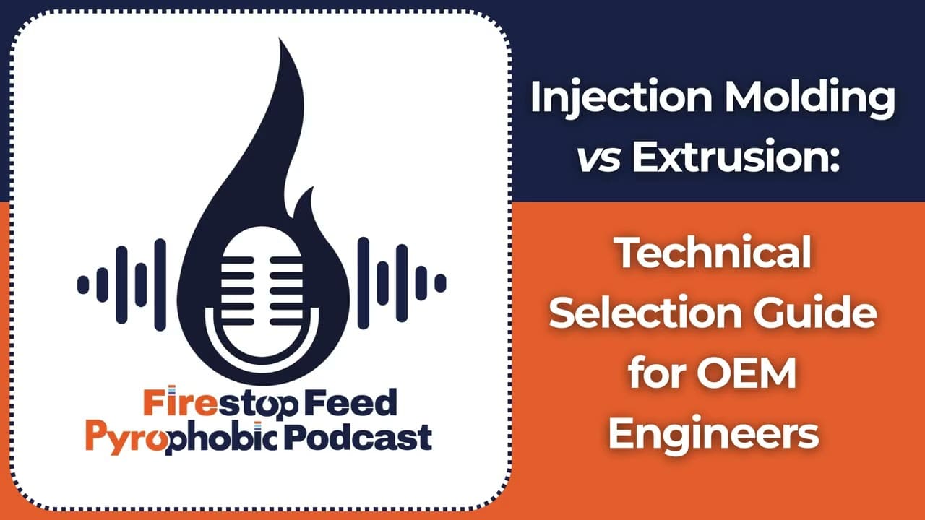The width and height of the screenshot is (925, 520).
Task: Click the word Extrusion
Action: click(735, 158)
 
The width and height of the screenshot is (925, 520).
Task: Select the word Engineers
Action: click(713, 434)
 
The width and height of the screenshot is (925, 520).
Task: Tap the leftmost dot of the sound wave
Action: click(83, 284)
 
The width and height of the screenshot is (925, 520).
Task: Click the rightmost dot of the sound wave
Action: click(440, 284)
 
